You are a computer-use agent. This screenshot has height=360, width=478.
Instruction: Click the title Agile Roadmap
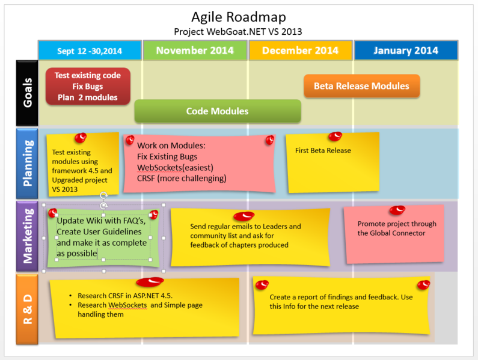click(x=238, y=17)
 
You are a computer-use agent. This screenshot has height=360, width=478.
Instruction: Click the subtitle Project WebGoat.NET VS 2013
click(x=238, y=31)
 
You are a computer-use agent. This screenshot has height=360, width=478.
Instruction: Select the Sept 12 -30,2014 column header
click(x=90, y=50)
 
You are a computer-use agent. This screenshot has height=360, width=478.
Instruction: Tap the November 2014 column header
click(x=195, y=50)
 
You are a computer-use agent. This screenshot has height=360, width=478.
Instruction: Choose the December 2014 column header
click(x=300, y=50)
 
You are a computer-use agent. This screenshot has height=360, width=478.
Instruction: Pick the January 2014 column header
click(x=406, y=50)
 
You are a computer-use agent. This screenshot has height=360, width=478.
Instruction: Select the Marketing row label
click(x=28, y=236)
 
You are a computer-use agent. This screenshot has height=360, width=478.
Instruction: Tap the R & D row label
click(x=28, y=308)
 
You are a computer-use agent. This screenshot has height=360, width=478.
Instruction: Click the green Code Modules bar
click(x=217, y=111)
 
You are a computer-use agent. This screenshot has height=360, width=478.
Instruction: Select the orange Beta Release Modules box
click(x=361, y=86)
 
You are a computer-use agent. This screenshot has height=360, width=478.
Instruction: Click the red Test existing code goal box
click(x=88, y=87)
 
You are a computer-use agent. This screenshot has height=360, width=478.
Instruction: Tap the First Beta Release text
click(x=323, y=150)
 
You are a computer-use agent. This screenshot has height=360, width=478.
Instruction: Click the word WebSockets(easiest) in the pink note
click(x=175, y=167)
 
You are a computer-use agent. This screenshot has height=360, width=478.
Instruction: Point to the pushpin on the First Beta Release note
click(x=335, y=136)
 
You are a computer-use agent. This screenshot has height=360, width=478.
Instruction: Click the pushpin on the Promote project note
click(x=397, y=210)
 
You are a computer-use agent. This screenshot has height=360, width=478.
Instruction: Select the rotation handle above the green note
click(x=103, y=195)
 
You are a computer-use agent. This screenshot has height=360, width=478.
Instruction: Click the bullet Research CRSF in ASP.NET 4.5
click(x=124, y=296)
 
